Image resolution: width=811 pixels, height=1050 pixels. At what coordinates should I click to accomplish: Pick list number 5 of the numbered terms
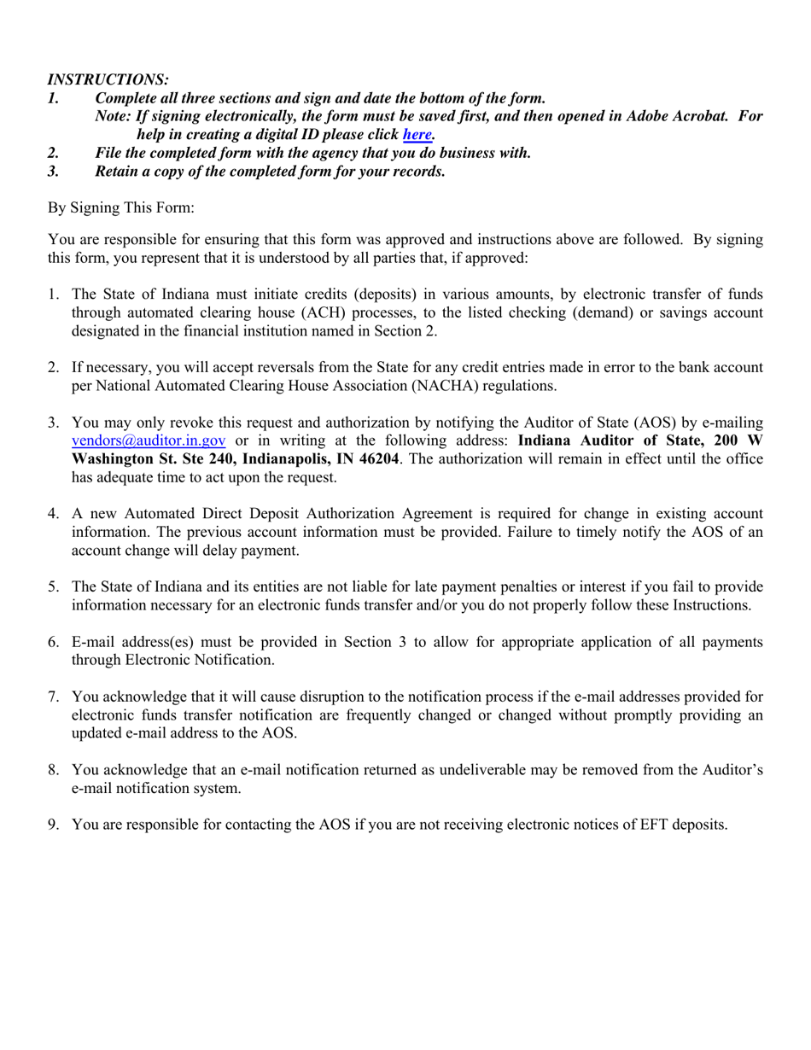[53, 586]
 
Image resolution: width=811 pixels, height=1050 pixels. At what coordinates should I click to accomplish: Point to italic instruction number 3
[53, 171]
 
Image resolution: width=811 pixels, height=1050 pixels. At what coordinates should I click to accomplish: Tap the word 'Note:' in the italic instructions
[114, 116]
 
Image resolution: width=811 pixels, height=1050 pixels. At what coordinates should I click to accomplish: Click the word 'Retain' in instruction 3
[117, 171]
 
